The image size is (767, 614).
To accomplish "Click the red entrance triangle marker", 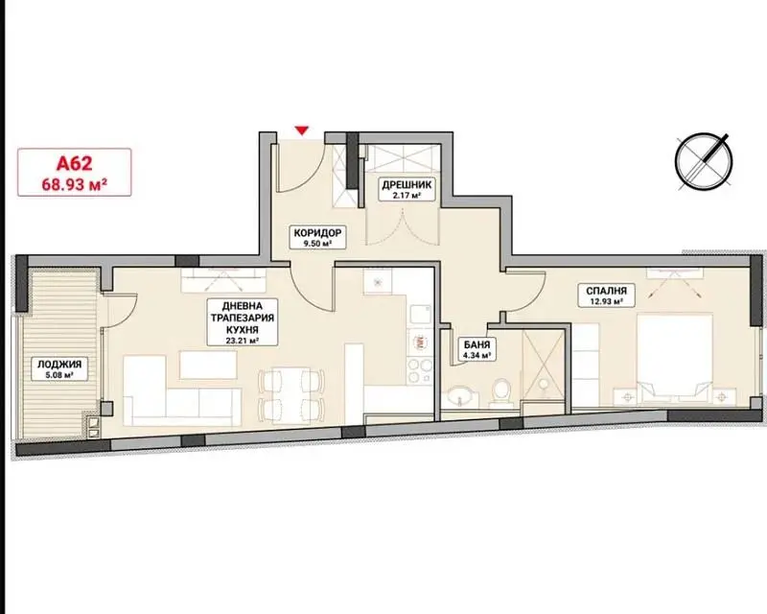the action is point(303,130).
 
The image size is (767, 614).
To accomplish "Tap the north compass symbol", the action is point(704,161).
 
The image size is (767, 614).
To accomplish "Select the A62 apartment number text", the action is point(75,163).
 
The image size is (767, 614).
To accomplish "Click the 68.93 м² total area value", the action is point(75,184).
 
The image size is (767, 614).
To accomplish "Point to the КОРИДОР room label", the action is point(318,232).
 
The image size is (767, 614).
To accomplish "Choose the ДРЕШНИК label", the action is point(407,185).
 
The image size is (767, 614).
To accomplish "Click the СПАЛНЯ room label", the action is point(607,291).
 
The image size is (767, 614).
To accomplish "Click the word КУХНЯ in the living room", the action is point(242,329).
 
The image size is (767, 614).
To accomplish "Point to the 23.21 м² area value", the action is point(242,341).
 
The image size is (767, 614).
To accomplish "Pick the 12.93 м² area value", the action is point(607,302).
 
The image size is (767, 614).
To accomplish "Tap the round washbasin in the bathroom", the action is point(460,394).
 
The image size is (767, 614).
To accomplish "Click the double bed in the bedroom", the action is point(674,359).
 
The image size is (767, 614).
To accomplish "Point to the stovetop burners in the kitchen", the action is point(420,371).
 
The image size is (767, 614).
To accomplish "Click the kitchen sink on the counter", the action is point(420,315).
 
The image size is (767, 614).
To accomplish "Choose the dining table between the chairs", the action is point(291,394).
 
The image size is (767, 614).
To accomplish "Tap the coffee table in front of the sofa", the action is point(208,365).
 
